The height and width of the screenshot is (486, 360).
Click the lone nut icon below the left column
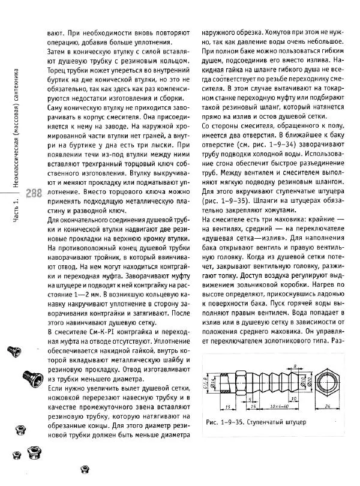(85, 472)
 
